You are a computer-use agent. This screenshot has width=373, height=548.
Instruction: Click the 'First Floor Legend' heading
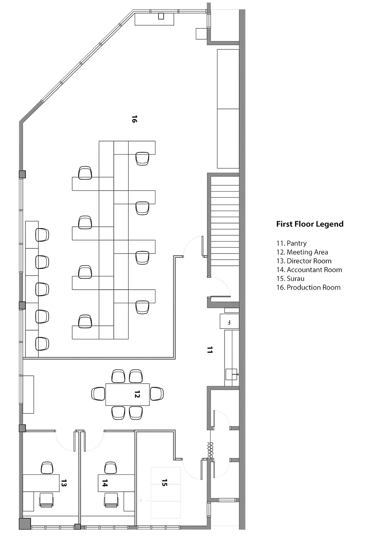pos(310,224)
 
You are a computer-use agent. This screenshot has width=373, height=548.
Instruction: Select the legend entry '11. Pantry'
pos(291,243)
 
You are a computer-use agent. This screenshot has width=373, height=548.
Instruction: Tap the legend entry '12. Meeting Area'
pos(302,252)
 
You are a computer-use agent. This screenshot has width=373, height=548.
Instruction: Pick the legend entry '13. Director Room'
pos(304,261)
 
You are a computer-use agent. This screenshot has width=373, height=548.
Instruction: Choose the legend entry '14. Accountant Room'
pos(309,270)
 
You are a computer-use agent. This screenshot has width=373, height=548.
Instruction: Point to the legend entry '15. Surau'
pos(290,279)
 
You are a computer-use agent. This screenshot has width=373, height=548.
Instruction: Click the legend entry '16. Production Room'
pos(308,287)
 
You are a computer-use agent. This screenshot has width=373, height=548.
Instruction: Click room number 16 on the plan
pos(134,119)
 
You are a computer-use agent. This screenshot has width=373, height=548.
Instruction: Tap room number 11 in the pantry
pos(209,350)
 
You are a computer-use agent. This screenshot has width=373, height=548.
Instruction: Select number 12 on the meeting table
pos(137,394)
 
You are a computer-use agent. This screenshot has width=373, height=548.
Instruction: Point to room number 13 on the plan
pos(63,483)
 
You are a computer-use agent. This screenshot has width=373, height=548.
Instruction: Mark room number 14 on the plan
pos(105,483)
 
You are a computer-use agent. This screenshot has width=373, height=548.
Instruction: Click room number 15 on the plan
pos(164,483)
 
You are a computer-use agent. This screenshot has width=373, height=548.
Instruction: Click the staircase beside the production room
pos(225,225)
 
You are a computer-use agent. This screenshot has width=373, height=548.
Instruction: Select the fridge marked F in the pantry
pos(230,322)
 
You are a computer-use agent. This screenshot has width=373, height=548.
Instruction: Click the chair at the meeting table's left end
pos(99,393)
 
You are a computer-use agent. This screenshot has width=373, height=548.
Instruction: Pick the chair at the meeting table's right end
pos(156,393)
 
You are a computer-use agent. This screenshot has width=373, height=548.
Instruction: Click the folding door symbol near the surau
pos(210,450)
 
